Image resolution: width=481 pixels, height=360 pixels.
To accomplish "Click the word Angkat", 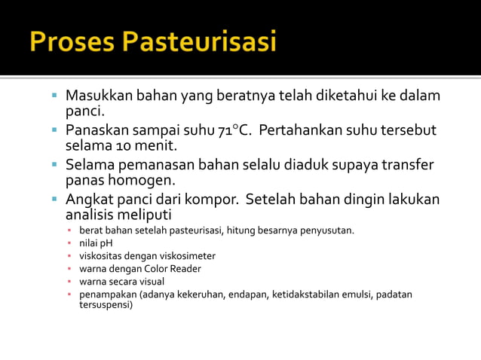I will click(x=88, y=200).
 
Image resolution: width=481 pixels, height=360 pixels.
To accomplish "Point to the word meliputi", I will click(x=142, y=215).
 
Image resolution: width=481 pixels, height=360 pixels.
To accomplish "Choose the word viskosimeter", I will click(x=178, y=256).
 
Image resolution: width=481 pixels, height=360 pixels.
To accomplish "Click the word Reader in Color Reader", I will click(x=185, y=269).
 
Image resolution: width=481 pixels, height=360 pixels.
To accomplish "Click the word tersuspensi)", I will click(x=106, y=305).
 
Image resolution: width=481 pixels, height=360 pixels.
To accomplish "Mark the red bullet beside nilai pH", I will click(x=69, y=243).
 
